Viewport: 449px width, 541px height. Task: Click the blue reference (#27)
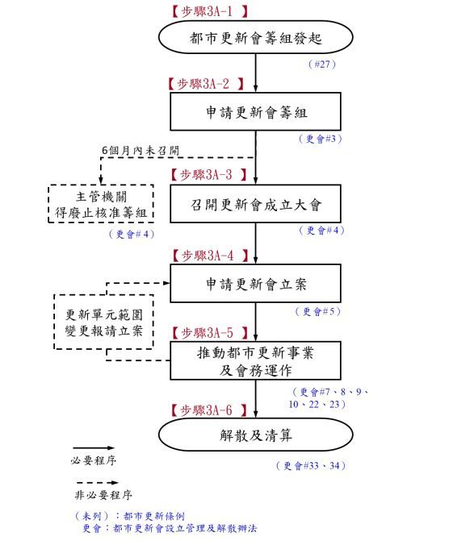321,65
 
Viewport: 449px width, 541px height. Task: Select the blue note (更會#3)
321,139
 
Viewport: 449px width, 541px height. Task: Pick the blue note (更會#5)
318,311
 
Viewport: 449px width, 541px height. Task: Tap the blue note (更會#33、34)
311,465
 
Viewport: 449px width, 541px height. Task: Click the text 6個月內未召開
141,151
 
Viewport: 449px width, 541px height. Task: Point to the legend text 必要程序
94,460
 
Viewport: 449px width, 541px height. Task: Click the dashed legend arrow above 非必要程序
97,482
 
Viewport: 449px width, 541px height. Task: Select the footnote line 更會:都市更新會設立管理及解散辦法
170,528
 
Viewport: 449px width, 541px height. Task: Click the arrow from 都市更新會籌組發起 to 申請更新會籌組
255,73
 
